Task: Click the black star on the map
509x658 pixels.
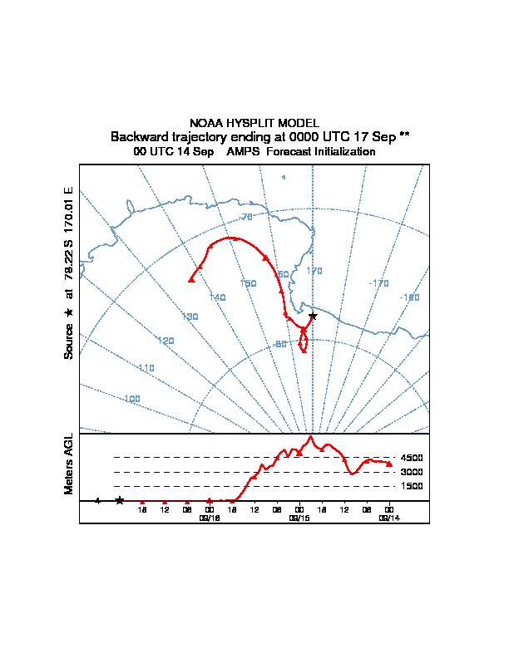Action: (x=313, y=316)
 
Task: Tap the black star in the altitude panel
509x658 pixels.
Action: (x=120, y=500)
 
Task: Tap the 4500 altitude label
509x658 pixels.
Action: (x=413, y=458)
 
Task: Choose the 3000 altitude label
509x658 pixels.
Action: (x=413, y=472)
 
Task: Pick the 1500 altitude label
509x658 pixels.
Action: (x=413, y=486)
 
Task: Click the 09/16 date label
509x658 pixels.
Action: (x=209, y=517)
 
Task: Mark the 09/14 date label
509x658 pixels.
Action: (x=388, y=517)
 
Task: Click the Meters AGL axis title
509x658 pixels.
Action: (x=69, y=464)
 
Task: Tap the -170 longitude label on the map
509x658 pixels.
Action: (x=378, y=283)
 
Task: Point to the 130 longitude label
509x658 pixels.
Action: (x=190, y=317)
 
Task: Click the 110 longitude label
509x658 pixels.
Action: (x=146, y=368)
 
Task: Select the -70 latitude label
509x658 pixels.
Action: (x=245, y=217)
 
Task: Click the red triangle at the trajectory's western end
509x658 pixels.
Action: (x=191, y=279)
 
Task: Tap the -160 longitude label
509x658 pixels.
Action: (x=409, y=297)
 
